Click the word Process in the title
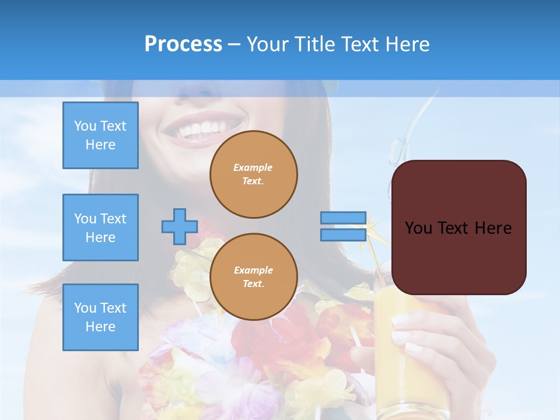(x=183, y=44)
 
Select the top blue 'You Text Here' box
(x=100, y=135)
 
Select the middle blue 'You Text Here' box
(x=100, y=228)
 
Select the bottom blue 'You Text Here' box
(x=100, y=317)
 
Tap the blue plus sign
(x=179, y=226)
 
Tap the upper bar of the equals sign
(x=344, y=218)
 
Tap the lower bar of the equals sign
(x=344, y=235)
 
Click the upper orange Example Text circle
(x=254, y=174)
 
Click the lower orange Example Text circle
(x=254, y=277)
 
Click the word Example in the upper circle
(x=253, y=167)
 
